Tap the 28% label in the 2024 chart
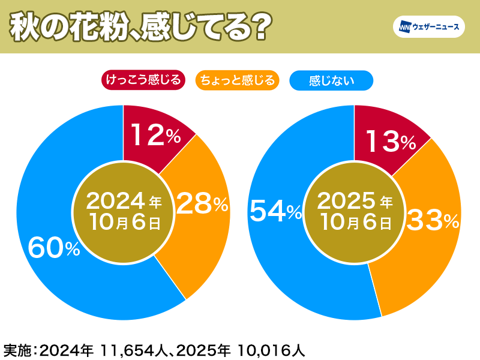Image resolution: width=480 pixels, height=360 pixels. tap(203, 205)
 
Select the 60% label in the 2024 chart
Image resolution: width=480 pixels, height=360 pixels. tap(54, 247)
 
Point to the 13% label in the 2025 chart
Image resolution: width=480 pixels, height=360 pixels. tap(389, 142)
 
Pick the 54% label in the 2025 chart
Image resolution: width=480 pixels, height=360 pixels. tap(275, 211)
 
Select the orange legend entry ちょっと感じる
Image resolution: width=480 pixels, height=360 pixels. tap(238, 80)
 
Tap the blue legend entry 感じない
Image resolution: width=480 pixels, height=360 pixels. tap(331, 80)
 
